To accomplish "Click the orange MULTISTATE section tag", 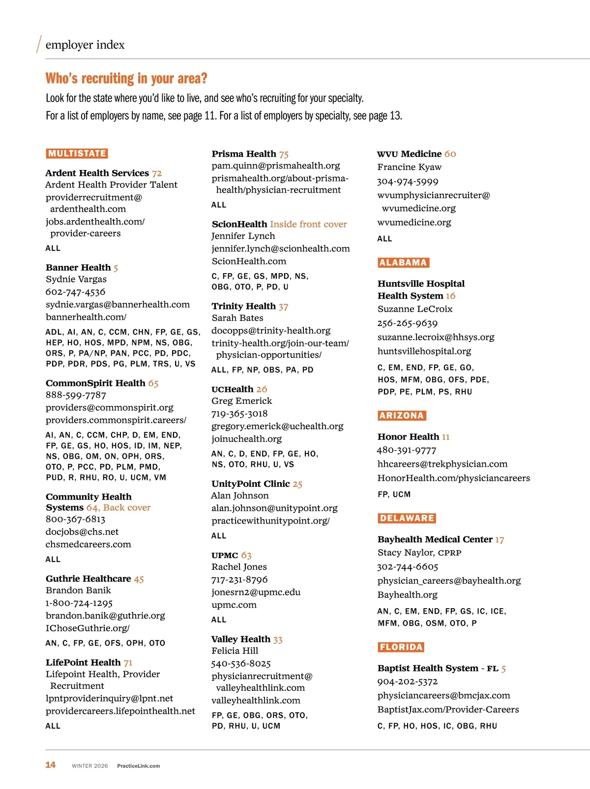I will [x=77, y=153].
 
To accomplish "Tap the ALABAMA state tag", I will [x=403, y=262].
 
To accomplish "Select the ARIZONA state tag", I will [x=402, y=415].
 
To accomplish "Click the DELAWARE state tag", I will [x=407, y=518].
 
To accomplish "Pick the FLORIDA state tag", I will [x=401, y=647].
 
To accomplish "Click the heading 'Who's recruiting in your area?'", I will [x=126, y=79].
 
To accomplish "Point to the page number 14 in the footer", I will [x=50, y=765].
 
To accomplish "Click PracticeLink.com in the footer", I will [x=138, y=766].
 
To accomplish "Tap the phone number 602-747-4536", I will [x=75, y=292].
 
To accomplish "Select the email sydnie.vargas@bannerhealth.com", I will [x=118, y=305].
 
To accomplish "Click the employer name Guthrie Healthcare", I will [x=88, y=579].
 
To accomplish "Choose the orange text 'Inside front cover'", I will [x=308, y=224].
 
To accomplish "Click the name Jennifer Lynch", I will [x=243, y=236].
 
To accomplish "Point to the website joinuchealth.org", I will [x=246, y=439].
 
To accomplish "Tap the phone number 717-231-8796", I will [x=239, y=580].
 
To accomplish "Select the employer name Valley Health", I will [x=241, y=639].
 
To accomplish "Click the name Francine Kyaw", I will [x=409, y=167].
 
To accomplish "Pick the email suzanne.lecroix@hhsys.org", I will [x=436, y=337].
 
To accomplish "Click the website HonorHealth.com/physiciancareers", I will [x=453, y=478].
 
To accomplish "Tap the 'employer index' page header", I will [x=85, y=45].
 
